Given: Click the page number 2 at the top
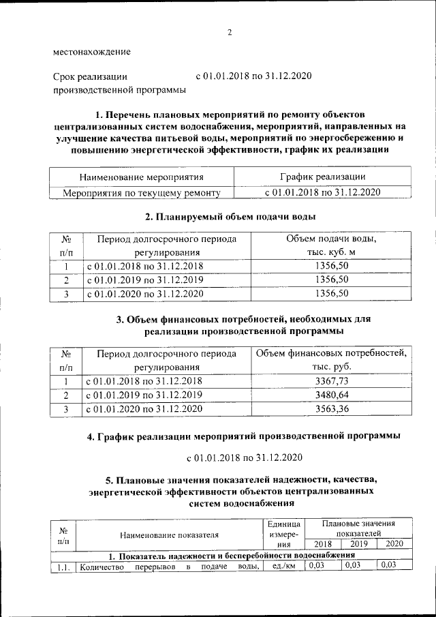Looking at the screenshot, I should [x=230, y=32].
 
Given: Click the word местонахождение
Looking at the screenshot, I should [x=92, y=52].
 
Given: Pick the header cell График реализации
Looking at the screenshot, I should [x=322, y=177].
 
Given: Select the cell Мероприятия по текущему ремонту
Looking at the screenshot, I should [x=142, y=193].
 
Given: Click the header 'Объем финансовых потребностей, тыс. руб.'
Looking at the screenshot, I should [x=332, y=360].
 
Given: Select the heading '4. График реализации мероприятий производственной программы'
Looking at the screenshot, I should [x=243, y=436].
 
